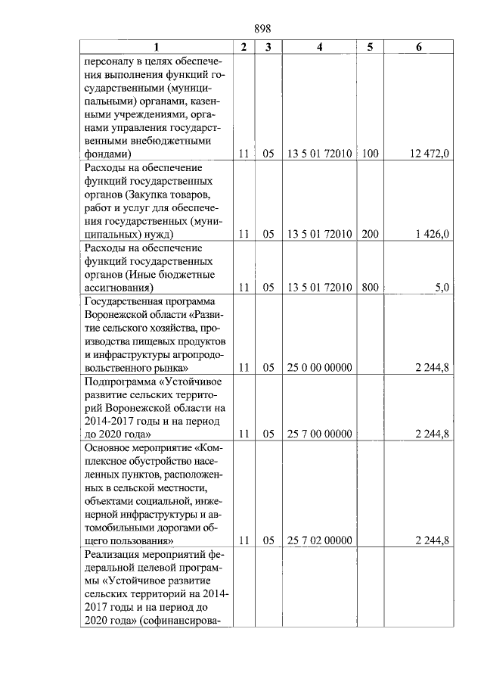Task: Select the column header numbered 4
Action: pyautogui.click(x=319, y=47)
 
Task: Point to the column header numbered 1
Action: pyautogui.click(x=156, y=47)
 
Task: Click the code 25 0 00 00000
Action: pyautogui.click(x=319, y=368)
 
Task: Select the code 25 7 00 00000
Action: pyautogui.click(x=319, y=434)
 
